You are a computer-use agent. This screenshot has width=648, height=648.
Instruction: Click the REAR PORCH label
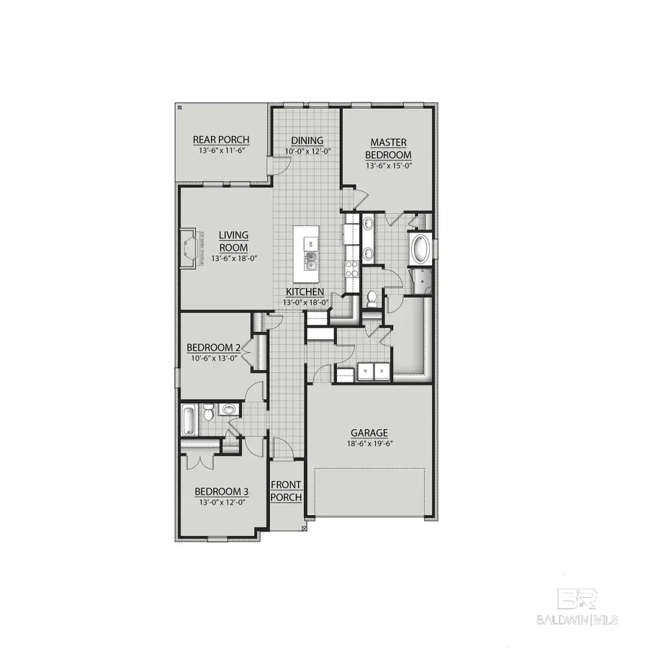pos(221,140)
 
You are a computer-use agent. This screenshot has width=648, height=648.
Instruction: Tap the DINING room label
pos(307,140)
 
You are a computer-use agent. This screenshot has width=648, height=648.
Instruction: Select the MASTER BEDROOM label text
pos(388,149)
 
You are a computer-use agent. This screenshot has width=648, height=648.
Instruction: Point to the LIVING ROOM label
pos(233,241)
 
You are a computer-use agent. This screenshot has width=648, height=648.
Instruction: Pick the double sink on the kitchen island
pos(311,260)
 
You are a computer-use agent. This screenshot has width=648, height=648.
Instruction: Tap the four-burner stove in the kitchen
pos(352,269)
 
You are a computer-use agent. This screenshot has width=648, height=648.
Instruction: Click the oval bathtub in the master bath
pos(420,250)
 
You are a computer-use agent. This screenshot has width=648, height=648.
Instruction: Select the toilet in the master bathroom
pos(372,297)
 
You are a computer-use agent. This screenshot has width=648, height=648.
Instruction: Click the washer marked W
pos(365,371)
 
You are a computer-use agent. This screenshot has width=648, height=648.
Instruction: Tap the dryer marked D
pos(382,371)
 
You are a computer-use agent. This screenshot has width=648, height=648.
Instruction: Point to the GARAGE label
pos(369,433)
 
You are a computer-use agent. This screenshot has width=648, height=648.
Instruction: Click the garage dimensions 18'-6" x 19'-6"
pos(369,444)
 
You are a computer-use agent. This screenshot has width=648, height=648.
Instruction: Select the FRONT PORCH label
pos(286,491)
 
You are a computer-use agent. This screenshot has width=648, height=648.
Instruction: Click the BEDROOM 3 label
pos(222,492)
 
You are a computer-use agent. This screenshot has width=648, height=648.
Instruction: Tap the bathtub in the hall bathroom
pos(188,420)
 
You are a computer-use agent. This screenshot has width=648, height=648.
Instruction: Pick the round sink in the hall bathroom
pos(228,410)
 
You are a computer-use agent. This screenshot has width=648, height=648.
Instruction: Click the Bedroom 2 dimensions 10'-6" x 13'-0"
pos(213,359)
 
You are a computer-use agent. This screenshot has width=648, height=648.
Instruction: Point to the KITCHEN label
pos(305,292)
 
